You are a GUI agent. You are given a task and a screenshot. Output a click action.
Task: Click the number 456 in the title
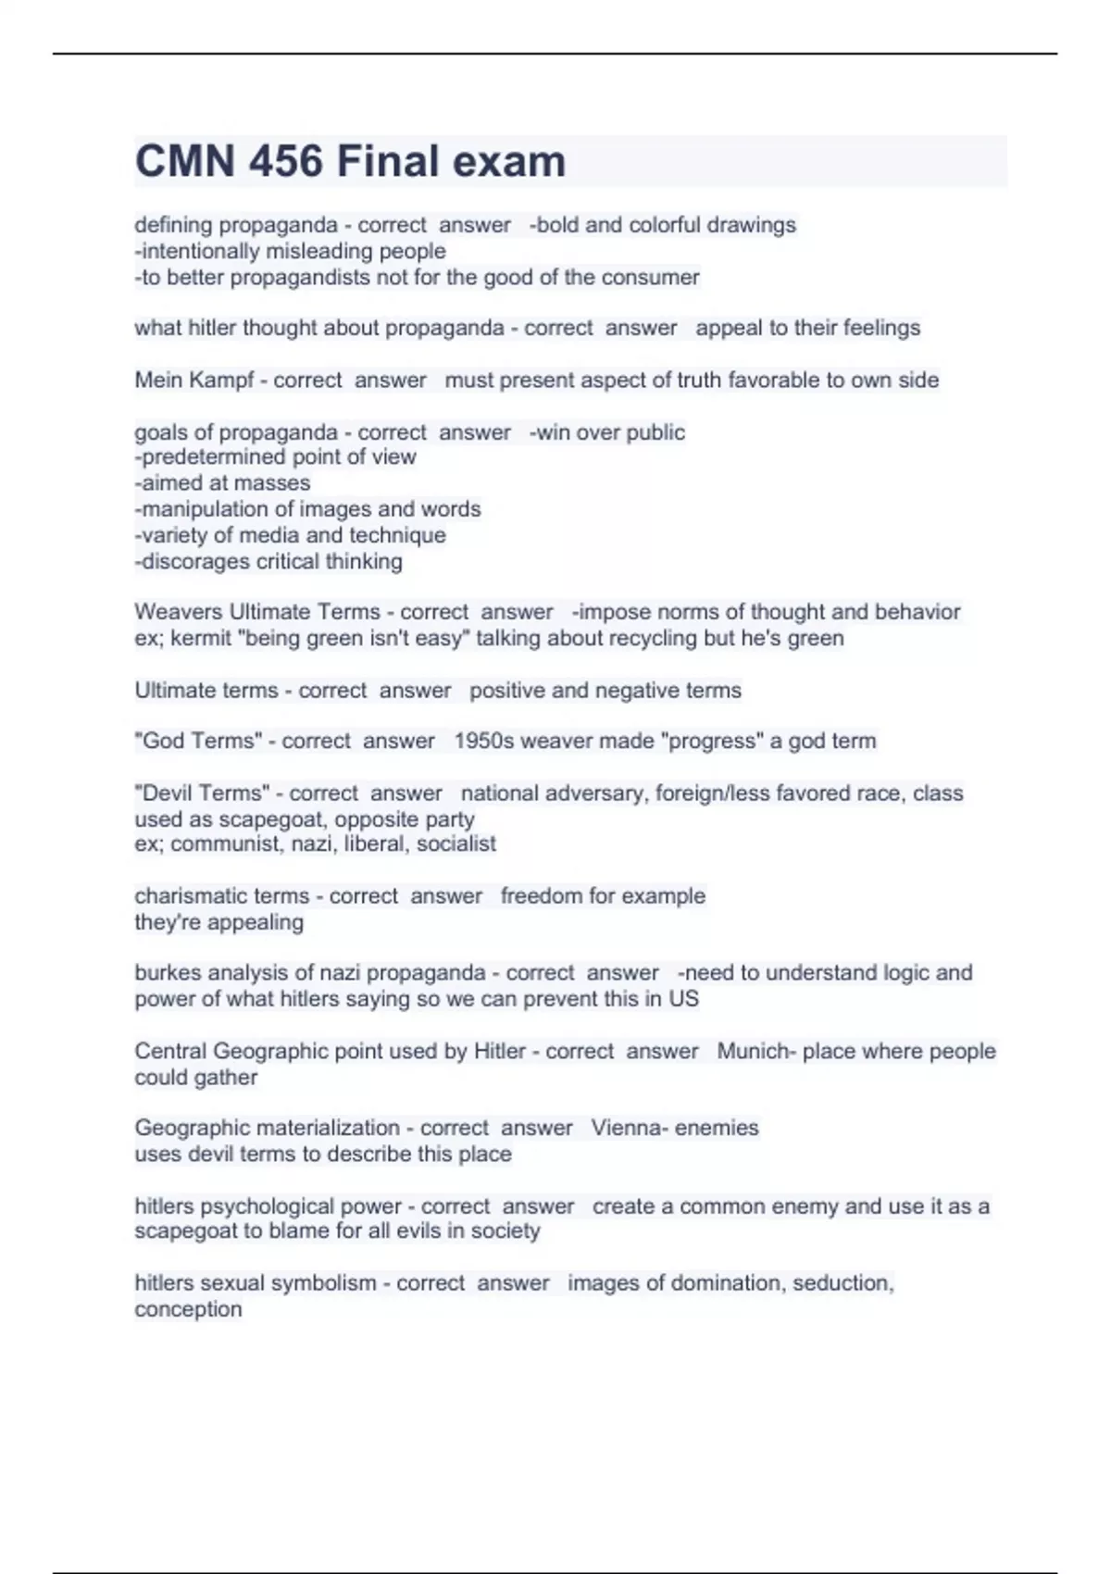click(x=285, y=162)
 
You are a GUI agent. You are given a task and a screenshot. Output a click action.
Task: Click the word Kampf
click(x=220, y=381)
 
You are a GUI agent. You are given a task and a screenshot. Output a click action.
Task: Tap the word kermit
click(x=201, y=638)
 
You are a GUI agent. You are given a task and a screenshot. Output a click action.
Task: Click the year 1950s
click(x=483, y=741)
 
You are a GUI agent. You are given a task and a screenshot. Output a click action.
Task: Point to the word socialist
click(x=456, y=844)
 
